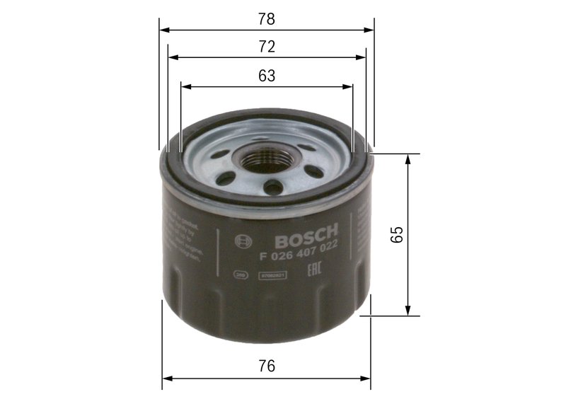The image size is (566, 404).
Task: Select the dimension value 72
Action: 266,47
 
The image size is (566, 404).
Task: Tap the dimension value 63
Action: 266,76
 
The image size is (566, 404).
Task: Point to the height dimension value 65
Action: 397,234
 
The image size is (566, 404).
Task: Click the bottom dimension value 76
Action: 266,367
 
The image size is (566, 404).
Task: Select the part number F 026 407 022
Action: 298,247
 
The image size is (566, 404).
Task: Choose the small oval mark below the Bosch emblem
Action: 241,273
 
